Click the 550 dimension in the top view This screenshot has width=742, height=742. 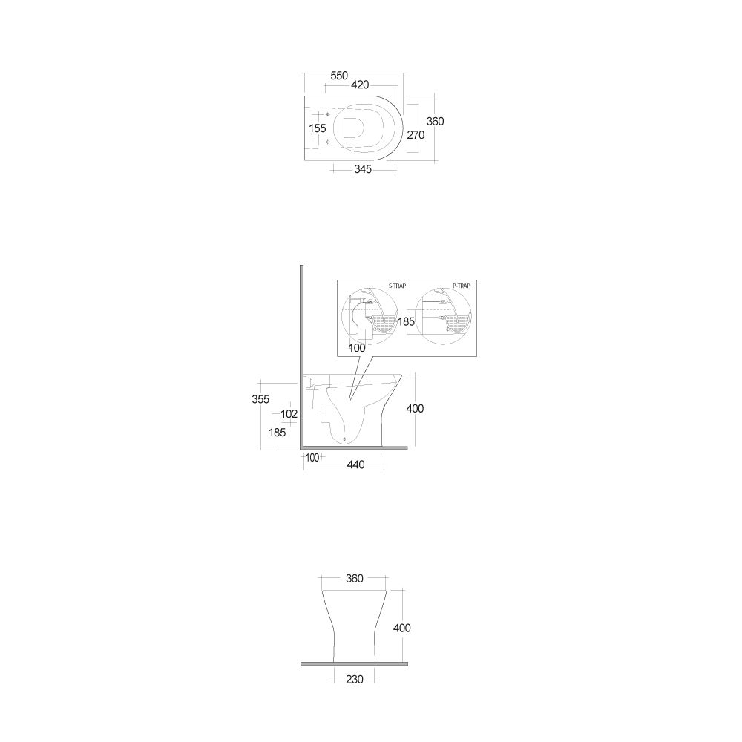[x=339, y=76]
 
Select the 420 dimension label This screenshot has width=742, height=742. [x=360, y=85]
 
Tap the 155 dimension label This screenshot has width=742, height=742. [x=318, y=128]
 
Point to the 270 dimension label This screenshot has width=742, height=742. [x=416, y=135]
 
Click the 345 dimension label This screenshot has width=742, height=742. [x=363, y=169]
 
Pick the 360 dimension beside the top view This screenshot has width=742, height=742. [x=436, y=122]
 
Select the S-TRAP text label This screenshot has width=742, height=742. [x=397, y=286]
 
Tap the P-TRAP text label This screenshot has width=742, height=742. [x=462, y=286]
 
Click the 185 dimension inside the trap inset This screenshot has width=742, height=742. [x=406, y=322]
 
